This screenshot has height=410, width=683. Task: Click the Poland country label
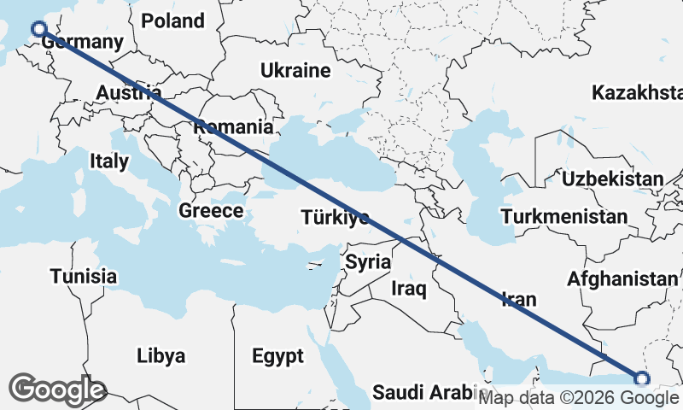[x=173, y=20]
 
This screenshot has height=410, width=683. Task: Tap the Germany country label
[x=76, y=42]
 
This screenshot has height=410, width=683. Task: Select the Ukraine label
[x=295, y=70]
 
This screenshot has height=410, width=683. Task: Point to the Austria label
[x=128, y=92]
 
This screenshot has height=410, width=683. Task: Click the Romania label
[x=234, y=127]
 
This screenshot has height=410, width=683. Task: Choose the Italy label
[x=109, y=160]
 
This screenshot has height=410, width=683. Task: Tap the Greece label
[x=211, y=210]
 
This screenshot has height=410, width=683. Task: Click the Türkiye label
[x=335, y=218]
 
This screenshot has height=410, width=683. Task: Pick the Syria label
[x=368, y=262]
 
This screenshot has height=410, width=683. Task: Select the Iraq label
[x=409, y=289]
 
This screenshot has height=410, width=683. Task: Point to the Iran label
[x=518, y=299]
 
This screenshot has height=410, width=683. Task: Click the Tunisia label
[x=83, y=276]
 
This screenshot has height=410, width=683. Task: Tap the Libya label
[x=161, y=355]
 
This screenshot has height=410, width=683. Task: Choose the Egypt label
[x=277, y=355]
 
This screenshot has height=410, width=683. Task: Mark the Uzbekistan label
[x=612, y=179]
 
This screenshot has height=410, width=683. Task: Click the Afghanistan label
[x=621, y=278]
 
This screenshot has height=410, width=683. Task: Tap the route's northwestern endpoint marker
[x=38, y=30]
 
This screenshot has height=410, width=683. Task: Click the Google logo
[x=57, y=389]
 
